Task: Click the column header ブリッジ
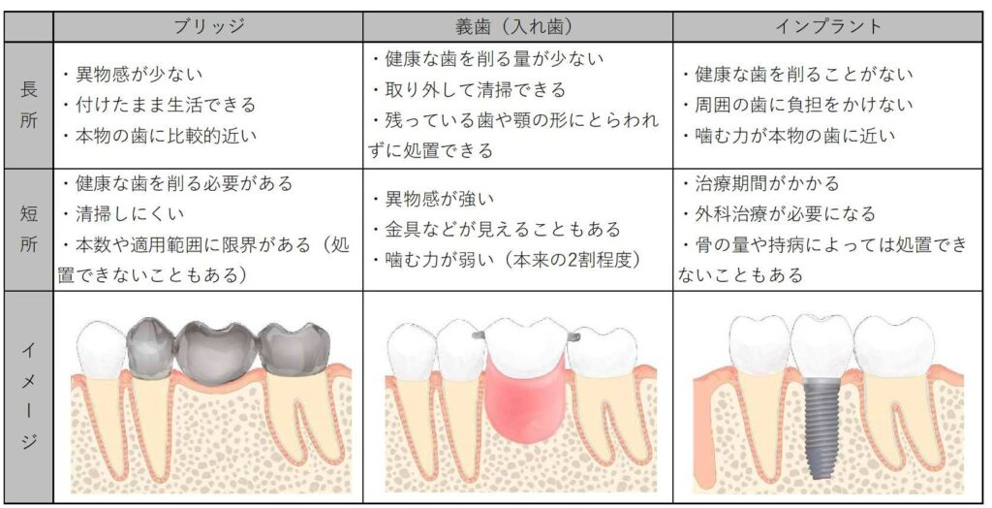click(209, 27)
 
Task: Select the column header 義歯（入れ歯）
click(517, 27)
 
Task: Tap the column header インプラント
click(829, 27)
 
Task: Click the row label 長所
click(28, 105)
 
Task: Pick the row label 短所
click(28, 229)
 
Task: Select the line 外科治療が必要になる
click(778, 213)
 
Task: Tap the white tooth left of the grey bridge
click(101, 348)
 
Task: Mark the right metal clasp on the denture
click(574, 335)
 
